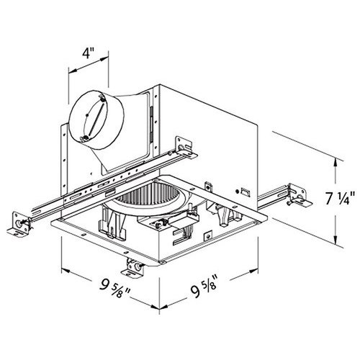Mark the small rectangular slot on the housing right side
click(x=243, y=192)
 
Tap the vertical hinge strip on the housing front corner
click(x=153, y=118)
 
